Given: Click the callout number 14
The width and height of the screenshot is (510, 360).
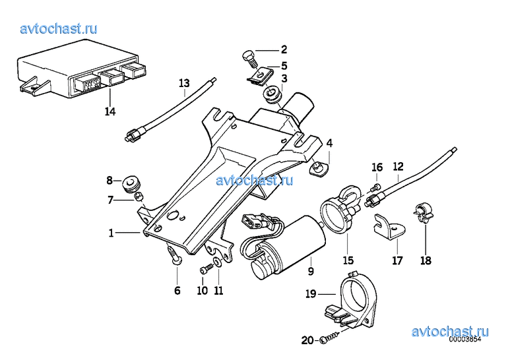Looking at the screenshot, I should (x=110, y=111).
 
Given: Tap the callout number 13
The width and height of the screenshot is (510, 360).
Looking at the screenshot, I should (x=184, y=83).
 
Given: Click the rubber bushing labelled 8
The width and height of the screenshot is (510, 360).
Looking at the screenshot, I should (x=131, y=181).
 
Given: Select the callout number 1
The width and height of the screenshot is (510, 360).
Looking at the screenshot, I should (x=112, y=233).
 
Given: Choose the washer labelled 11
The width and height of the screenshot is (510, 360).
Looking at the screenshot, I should (x=218, y=266).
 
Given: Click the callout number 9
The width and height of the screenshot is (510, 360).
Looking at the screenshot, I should (x=309, y=270).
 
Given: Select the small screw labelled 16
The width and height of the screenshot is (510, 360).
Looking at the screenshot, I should (x=374, y=188).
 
